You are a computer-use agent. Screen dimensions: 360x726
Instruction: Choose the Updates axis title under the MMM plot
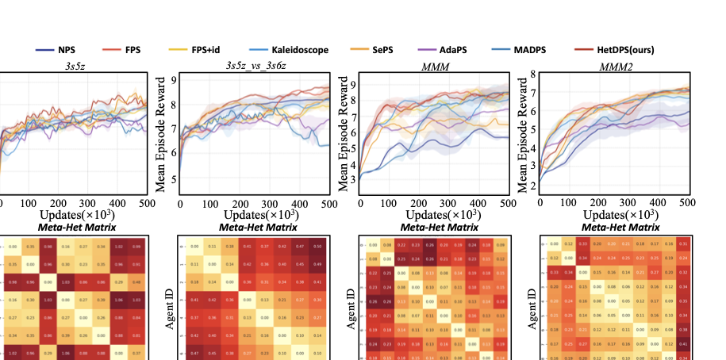click(x=432, y=216)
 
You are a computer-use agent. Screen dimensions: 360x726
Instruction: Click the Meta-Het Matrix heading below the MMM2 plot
click(x=608, y=228)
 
